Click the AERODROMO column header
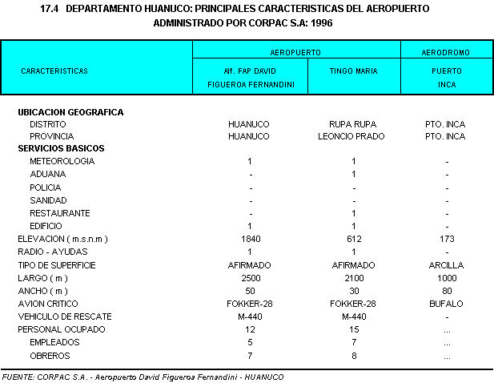pos(446,52)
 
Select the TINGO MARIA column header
pos(353,71)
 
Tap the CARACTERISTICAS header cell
pos(54,71)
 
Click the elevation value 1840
pos(250,239)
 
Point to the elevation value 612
pos(353,239)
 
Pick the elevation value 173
pos(446,239)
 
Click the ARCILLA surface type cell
pos(446,264)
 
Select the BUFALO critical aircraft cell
pos(446,304)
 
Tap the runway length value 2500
pos(250,277)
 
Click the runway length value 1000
pos(446,277)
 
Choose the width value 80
pos(446,291)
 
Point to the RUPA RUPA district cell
pos(352,124)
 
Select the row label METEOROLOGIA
pos(62,161)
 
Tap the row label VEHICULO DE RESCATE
pos(65,316)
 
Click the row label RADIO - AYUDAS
pos(53,252)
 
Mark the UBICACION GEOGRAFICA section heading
pos(70,112)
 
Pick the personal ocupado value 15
pos(353,329)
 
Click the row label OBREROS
pos(50,355)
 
